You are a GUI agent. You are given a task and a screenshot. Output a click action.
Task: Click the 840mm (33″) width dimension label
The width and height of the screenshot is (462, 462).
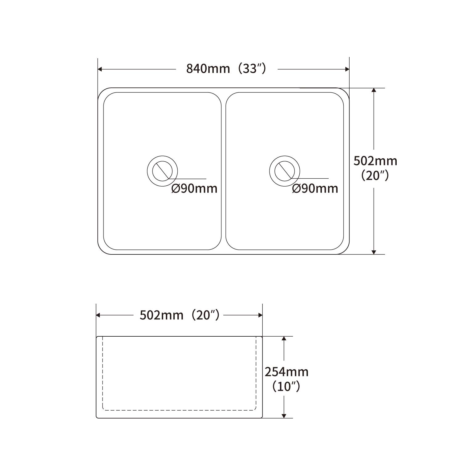226,69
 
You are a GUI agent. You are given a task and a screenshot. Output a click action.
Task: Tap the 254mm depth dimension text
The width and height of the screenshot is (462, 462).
286,372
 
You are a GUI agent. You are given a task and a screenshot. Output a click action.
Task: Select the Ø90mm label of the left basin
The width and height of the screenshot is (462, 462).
194,188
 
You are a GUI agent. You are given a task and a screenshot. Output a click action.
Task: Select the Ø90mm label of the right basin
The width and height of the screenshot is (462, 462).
315,188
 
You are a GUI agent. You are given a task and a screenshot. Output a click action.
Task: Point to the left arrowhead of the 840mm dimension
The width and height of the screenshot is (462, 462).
100,69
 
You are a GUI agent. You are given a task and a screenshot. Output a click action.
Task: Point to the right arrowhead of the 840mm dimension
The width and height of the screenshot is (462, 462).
347,69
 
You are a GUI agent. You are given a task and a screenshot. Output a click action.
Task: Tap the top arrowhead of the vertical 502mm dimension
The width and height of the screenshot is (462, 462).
374,90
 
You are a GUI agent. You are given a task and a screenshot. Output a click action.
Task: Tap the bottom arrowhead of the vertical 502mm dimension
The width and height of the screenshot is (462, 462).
374,252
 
